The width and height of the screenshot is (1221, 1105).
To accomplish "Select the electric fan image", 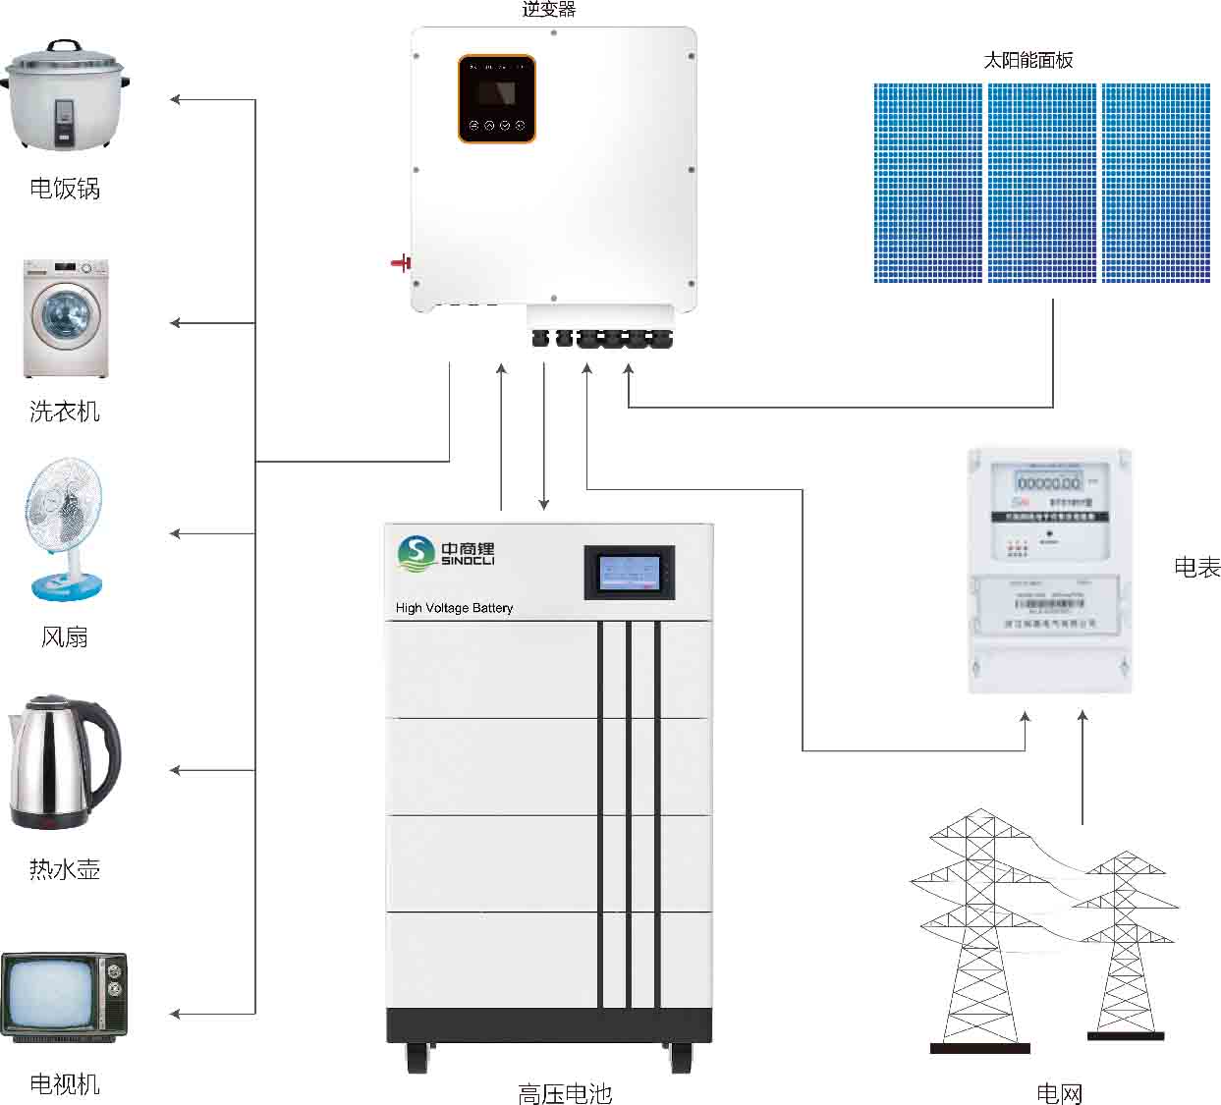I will (x=65, y=529).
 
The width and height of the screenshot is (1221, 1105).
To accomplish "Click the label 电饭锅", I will (x=65, y=188).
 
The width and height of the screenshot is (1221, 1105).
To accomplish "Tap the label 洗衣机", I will (x=65, y=411).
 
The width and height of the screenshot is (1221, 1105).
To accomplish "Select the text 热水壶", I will (x=65, y=869).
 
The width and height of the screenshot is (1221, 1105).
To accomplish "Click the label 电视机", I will (x=65, y=1083).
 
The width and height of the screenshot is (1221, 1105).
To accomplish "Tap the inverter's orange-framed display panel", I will (x=496, y=98).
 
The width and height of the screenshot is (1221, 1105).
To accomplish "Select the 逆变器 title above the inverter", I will (x=548, y=10).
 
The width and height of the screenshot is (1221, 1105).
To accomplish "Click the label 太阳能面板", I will (x=1027, y=60).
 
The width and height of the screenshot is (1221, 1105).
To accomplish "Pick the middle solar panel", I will (x=1041, y=184).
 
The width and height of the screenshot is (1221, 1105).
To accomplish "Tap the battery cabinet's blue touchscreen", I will (x=630, y=573).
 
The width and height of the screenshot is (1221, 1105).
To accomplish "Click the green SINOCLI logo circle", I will (x=415, y=553).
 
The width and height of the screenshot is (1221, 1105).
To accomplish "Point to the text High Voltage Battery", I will (x=454, y=608).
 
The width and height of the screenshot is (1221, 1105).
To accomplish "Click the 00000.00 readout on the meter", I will (x=1048, y=483).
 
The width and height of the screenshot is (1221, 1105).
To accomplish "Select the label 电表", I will (x=1196, y=567).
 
